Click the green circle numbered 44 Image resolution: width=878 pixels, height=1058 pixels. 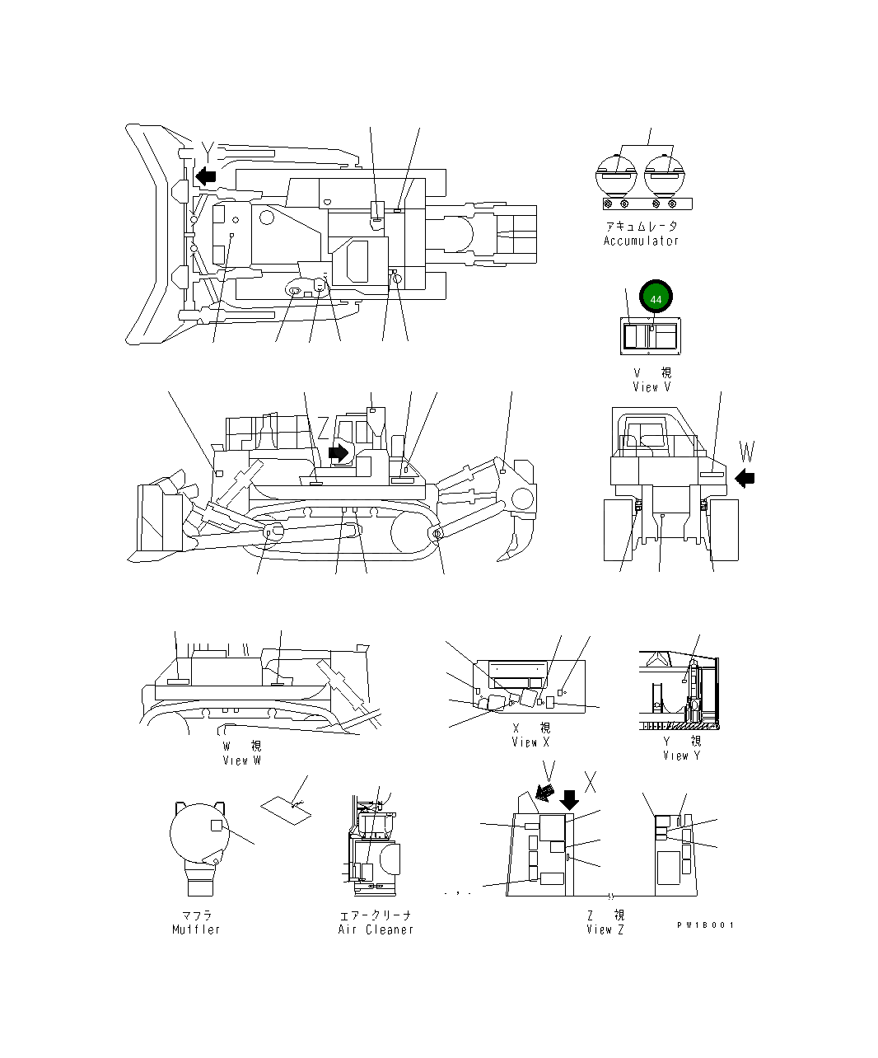pyautogui.click(x=656, y=299)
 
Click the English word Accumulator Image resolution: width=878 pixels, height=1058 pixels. pyautogui.click(x=641, y=241)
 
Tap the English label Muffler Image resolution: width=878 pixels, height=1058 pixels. pyautogui.click(x=196, y=929)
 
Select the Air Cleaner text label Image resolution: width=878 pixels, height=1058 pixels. pyautogui.click(x=376, y=929)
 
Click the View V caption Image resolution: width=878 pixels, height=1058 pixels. pyautogui.click(x=651, y=386)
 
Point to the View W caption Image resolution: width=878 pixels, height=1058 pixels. pyautogui.click(x=241, y=760)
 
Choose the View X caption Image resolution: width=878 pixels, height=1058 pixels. pyautogui.click(x=530, y=742)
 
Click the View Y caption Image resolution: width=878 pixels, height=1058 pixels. pyautogui.click(x=681, y=755)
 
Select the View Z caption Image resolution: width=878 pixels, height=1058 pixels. pyautogui.click(x=605, y=929)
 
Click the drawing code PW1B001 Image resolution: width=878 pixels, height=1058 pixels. pyautogui.click(x=705, y=925)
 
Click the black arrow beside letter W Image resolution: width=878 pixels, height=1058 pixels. pyautogui.click(x=745, y=477)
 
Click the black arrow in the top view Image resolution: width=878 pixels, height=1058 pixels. pyautogui.click(x=205, y=176)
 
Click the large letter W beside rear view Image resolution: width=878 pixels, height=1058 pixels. pyautogui.click(x=746, y=451)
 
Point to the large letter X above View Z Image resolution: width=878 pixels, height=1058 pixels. pyautogui.click(x=591, y=782)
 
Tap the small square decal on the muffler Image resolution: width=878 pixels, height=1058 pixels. pyautogui.click(x=216, y=825)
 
